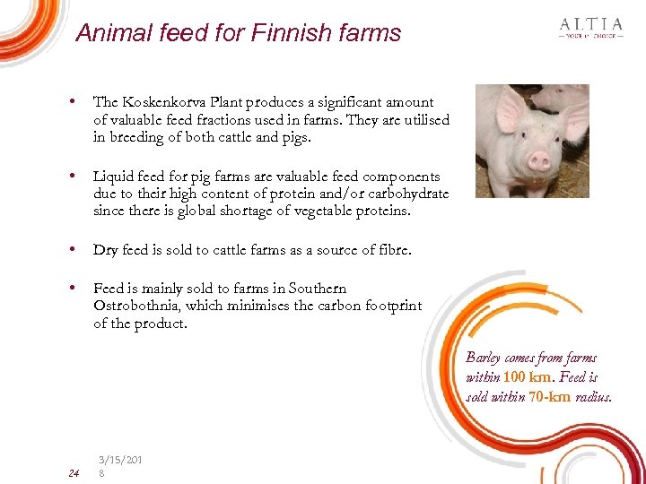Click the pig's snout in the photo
coord(539,161)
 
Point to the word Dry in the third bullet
coord(106,250)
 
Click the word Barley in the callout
coord(485,358)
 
